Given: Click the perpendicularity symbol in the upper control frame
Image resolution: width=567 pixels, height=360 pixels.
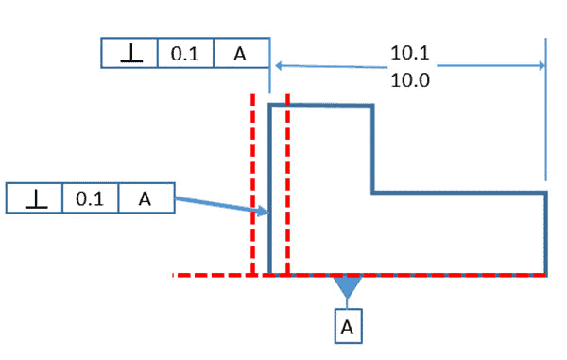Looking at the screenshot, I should tap(129, 54).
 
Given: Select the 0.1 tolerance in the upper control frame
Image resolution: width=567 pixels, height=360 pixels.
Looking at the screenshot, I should tap(184, 54).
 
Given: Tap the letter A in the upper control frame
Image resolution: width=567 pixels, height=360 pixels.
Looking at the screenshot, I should tap(240, 54).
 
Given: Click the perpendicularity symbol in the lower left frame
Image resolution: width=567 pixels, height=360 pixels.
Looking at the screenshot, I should tap(34, 198).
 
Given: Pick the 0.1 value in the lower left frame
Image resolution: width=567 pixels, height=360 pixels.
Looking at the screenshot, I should tap(90, 198).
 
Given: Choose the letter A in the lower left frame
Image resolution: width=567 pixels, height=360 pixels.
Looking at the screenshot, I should tap(145, 198).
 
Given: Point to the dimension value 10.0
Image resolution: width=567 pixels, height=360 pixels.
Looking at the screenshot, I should tap(409, 80).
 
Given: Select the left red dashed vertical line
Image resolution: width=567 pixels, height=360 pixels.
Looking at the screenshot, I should tap(252, 189).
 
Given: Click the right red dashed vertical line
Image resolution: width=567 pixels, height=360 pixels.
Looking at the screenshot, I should tap(287, 189).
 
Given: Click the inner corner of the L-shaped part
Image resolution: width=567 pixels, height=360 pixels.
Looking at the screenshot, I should tap(372, 193).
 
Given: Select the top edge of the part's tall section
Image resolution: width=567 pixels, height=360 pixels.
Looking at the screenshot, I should tap(321, 106).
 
